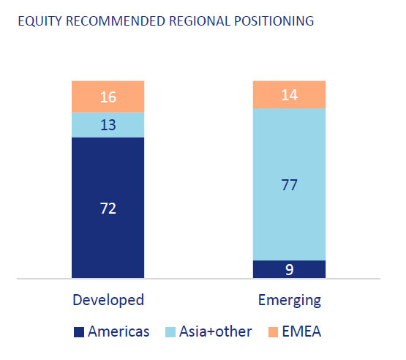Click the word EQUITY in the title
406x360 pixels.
coord(40,21)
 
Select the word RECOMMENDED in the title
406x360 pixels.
coord(116,21)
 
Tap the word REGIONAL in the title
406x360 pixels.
coord(200,21)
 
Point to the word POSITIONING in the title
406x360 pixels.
coord(274,21)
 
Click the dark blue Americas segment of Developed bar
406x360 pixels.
coord(108,208)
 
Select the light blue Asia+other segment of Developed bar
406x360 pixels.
coord(108,125)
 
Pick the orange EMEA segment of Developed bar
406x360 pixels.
coord(108,97)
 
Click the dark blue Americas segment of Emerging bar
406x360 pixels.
coord(289,269)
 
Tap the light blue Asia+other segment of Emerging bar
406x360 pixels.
coord(289,184)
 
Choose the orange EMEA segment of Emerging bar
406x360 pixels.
coord(289,95)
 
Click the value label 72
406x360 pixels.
coord(108,209)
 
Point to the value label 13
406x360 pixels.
coord(108,125)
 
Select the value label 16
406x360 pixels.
coord(108,97)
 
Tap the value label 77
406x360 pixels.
coord(290,185)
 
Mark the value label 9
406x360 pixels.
coord(290,270)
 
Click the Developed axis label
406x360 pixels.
coord(108,301)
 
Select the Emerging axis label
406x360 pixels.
coord(290,301)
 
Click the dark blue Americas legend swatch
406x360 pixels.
coord(79,332)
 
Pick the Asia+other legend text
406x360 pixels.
coord(215,331)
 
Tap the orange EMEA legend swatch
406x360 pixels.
coord(273,332)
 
